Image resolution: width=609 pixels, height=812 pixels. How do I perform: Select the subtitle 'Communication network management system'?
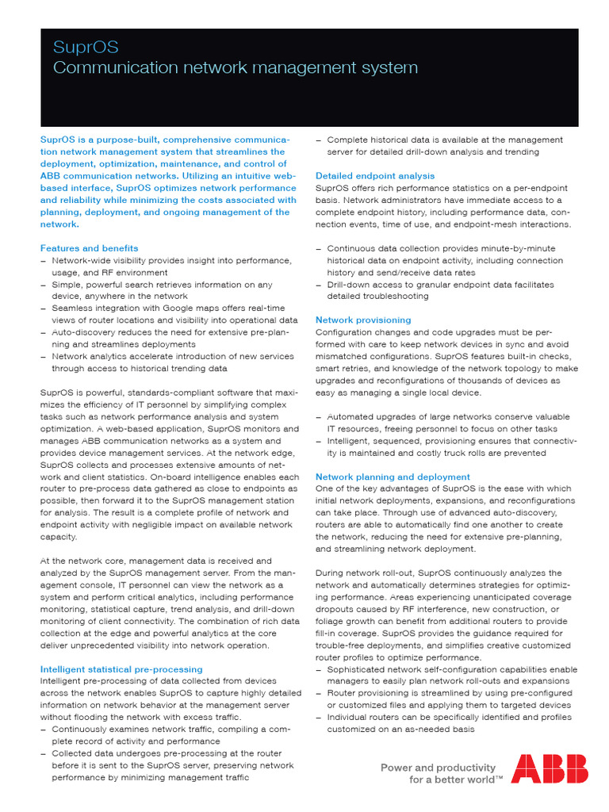(x=235, y=68)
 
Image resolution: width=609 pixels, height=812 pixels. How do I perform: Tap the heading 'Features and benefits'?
(x=89, y=248)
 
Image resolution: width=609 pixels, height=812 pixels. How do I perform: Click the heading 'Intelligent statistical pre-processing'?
(x=121, y=669)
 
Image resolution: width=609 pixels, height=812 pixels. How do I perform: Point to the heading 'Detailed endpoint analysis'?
(x=375, y=175)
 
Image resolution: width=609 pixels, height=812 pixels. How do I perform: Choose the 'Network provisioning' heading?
(x=363, y=320)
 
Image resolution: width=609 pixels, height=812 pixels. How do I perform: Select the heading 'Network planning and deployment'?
(x=393, y=477)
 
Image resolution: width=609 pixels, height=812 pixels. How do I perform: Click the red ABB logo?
(x=550, y=768)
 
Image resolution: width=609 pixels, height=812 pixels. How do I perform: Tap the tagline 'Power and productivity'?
(x=438, y=768)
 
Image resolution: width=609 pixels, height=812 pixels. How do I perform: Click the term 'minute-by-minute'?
(x=518, y=248)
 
